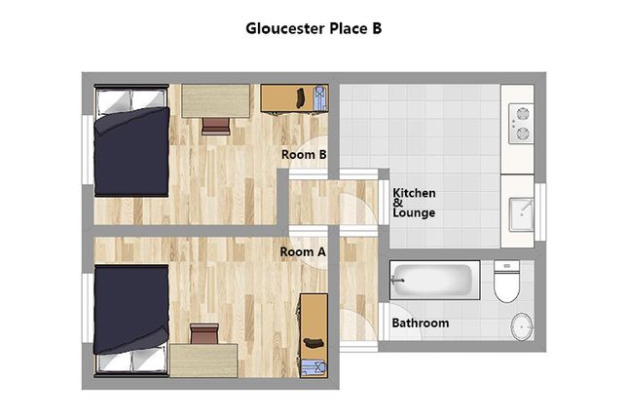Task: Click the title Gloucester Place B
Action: [x=314, y=28]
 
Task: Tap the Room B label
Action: [x=304, y=154]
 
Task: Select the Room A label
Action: [x=303, y=251]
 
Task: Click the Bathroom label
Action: [x=421, y=324]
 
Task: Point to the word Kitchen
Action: [x=414, y=193]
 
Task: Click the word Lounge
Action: [x=414, y=212]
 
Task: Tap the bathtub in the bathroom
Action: [x=435, y=280]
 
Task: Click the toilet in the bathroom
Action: [x=506, y=281]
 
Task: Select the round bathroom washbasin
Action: [x=522, y=326]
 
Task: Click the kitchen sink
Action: [x=521, y=214]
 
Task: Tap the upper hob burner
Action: [x=523, y=114]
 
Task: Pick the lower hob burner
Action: [x=523, y=133]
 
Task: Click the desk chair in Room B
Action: [x=216, y=126]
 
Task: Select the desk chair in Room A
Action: [x=204, y=334]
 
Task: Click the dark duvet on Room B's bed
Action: [x=131, y=152]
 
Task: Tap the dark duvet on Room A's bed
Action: [x=131, y=310]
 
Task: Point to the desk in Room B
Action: [x=216, y=101]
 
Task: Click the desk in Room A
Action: [x=203, y=361]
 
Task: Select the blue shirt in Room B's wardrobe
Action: [x=320, y=97]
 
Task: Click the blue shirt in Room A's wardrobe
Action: [x=314, y=367]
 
